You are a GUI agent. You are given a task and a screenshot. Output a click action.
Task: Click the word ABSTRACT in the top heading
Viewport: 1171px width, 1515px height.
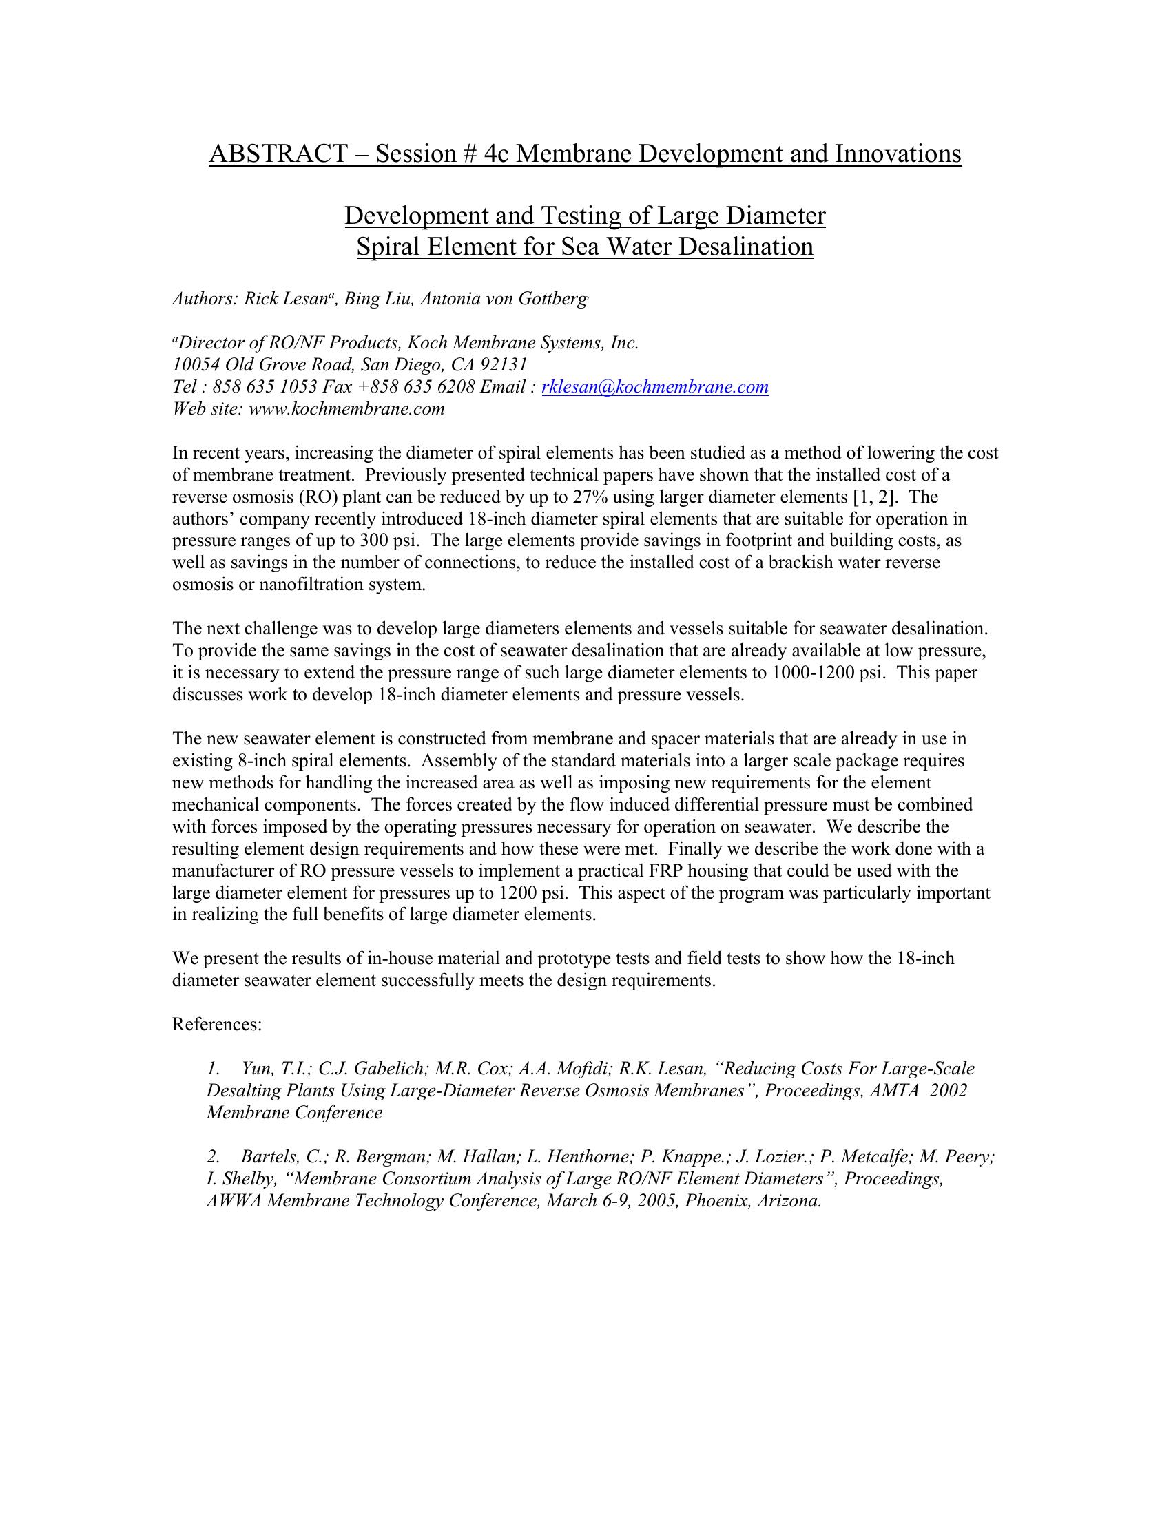278,154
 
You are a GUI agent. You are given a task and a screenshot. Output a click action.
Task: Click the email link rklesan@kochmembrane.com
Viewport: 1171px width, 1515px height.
655,386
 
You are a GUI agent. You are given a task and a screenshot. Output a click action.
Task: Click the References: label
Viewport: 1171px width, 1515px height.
217,1025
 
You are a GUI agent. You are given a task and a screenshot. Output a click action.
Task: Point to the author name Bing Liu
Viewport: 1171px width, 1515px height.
377,299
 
